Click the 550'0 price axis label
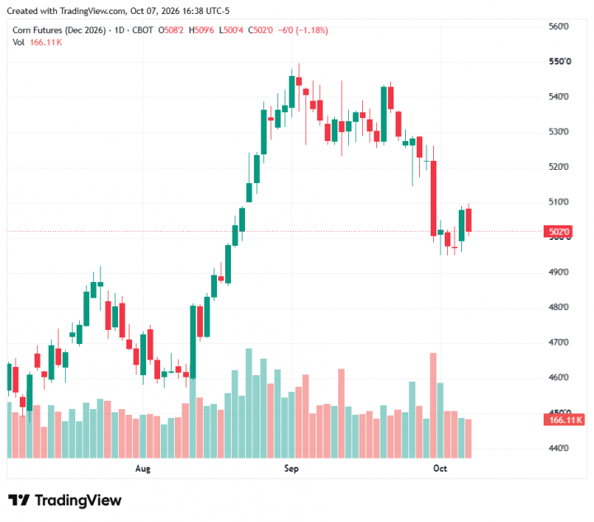[559, 61]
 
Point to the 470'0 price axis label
[559, 342]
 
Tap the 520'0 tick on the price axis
[559, 167]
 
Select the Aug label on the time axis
[143, 468]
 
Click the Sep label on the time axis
[291, 468]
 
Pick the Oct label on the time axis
[440, 468]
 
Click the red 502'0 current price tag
[559, 231]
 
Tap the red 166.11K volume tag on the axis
[564, 420]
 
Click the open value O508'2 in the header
[171, 31]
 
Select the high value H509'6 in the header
[201, 31]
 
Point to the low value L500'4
[231, 31]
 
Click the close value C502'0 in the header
[260, 31]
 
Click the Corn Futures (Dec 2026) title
[59, 31]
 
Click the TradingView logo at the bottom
[65, 501]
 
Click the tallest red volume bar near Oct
[433, 406]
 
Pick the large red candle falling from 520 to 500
[433, 199]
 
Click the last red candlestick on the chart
[469, 220]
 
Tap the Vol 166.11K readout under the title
[37, 42]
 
